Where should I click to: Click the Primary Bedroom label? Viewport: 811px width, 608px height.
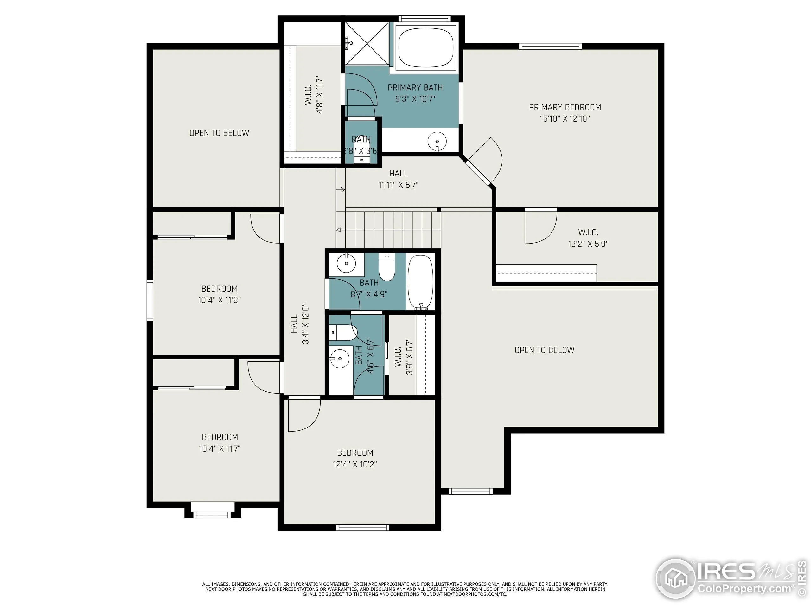point(565,107)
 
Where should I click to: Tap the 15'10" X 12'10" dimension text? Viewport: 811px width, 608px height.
point(565,119)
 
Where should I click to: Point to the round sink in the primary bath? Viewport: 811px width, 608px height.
point(437,141)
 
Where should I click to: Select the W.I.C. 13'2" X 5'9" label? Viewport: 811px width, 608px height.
point(588,238)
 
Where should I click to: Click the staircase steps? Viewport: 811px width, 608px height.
point(392,229)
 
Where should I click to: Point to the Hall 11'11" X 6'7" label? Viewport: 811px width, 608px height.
point(398,179)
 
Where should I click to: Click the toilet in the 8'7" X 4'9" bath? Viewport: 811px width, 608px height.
point(386,268)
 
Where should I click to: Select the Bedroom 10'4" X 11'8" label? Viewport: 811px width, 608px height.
point(219,294)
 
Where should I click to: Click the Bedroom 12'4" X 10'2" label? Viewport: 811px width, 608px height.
point(355,458)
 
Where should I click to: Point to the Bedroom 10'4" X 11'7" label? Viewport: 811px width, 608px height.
point(220,442)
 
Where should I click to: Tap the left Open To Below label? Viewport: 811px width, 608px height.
point(219,133)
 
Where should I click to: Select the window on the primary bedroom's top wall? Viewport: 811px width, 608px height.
point(550,46)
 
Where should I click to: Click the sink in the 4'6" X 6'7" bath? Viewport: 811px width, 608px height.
point(340,358)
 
